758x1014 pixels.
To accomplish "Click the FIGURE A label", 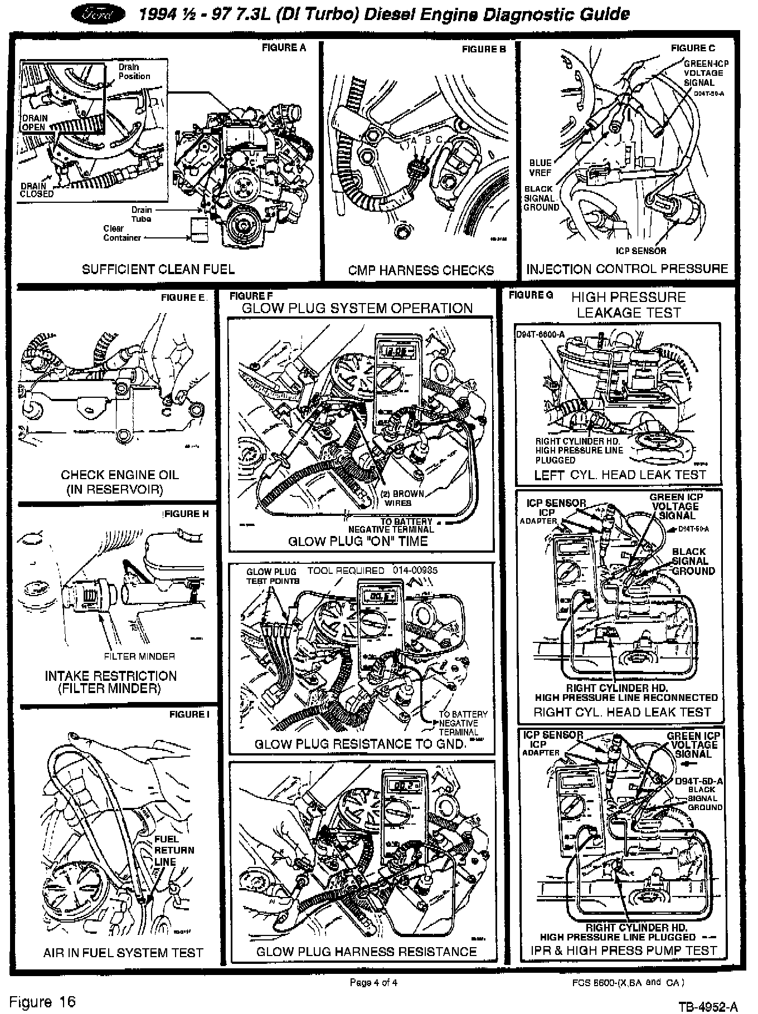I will point(284,48).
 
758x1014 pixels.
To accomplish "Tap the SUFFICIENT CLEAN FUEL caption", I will point(158,269).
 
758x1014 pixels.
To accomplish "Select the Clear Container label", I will point(122,233).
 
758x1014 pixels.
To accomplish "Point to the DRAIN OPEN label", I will point(35,123).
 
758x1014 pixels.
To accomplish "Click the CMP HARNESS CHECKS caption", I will point(421,270).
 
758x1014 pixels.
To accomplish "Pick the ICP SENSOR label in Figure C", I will point(641,251).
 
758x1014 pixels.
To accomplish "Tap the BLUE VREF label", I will point(540,168).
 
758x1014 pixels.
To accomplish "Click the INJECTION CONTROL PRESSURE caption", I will point(627,269).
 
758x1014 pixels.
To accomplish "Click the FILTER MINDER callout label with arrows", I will point(139,656).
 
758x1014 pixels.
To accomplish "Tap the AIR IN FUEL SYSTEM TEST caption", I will point(123,953).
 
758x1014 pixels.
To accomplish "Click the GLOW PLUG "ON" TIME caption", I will point(358,541).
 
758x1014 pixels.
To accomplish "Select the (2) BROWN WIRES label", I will point(402,498).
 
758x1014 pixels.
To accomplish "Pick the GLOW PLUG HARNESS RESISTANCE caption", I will point(366,952).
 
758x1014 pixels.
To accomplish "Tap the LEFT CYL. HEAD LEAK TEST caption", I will point(620,475).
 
